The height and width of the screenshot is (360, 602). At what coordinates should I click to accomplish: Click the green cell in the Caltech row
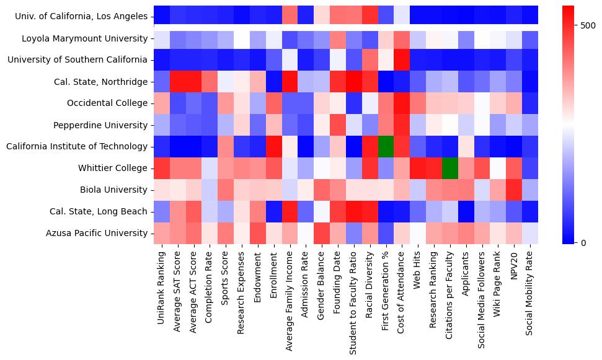(386, 146)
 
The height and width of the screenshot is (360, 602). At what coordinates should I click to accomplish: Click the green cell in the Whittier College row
(451, 168)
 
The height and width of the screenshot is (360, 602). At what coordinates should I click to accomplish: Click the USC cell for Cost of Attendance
(402, 60)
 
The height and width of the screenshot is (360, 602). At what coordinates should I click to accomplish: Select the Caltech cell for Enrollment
(273, 146)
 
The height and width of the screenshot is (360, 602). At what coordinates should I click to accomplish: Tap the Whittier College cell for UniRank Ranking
(161, 168)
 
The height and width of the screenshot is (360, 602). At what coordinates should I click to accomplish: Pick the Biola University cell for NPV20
(515, 190)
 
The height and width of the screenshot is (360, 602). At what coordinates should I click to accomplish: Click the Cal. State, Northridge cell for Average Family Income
(290, 82)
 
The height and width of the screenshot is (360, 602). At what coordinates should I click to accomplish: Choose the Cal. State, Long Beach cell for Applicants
(467, 211)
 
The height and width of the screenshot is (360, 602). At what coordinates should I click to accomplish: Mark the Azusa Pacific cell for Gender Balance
(322, 233)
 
